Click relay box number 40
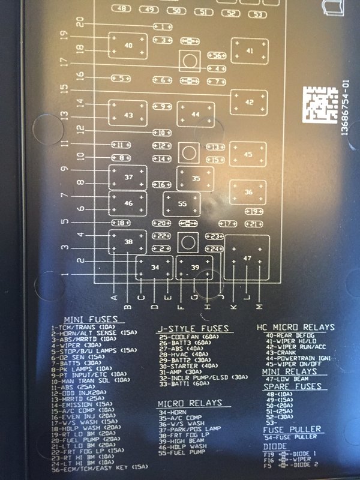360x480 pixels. click(128, 46)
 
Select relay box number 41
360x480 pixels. click(250, 52)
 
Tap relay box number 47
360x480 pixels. click(247, 257)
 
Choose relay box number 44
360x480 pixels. click(194, 114)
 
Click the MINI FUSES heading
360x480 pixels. click(91, 319)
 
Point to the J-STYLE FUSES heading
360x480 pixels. click(193, 328)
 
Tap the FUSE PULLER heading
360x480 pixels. click(292, 429)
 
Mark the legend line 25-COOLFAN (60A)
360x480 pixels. click(188, 337)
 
